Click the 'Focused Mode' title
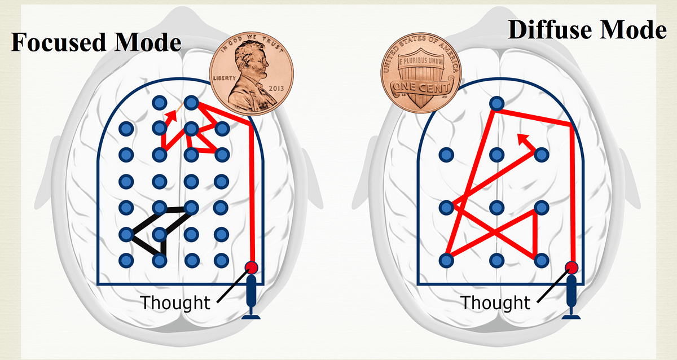(96, 42)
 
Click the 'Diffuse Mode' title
(587, 30)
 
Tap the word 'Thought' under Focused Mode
(175, 302)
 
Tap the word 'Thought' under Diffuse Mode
(495, 302)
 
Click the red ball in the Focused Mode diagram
(252, 267)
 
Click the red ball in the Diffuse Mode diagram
(572, 267)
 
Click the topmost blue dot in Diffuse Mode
(496, 103)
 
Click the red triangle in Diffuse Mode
(522, 231)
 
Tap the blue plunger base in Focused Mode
(252, 316)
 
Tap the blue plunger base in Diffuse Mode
(572, 316)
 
